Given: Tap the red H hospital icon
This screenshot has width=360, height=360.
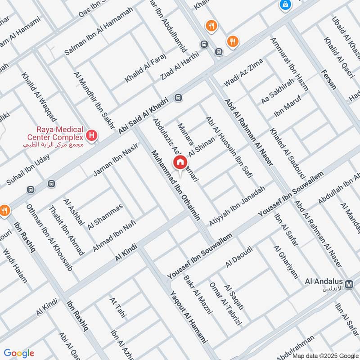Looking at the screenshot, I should pos(92,135).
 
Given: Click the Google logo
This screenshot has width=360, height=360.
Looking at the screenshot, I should pos(19,353).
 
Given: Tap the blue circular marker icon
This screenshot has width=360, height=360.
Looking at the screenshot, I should pos(285,5).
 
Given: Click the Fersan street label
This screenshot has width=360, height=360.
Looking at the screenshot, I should pos(329,80).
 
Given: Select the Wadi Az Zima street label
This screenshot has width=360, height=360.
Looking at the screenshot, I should pos(243,75).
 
